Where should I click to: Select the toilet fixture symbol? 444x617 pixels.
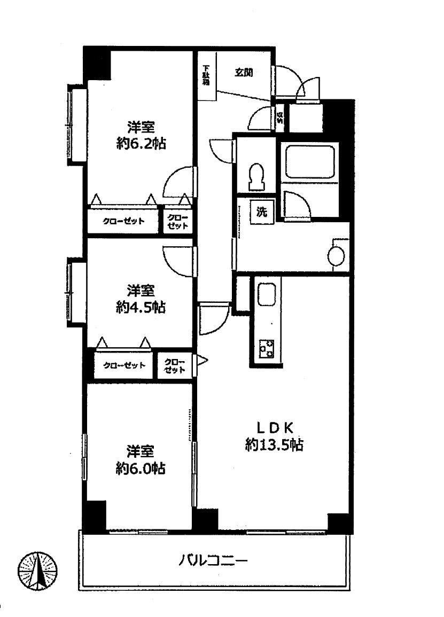click(256, 175)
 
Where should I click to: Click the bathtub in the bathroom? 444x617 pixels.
click(309, 162)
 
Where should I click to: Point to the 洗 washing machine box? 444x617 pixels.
click(262, 212)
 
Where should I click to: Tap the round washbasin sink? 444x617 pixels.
click(336, 255)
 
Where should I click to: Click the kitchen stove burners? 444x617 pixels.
click(266, 348)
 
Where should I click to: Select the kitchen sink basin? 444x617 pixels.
click(266, 295)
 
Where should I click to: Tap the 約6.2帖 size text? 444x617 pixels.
click(141, 144)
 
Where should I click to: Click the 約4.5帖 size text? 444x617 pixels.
click(141, 307)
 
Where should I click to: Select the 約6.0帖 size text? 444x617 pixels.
click(141, 469)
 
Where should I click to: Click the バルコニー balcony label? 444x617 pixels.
click(213, 561)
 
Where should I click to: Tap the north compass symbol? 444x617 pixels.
click(38, 571)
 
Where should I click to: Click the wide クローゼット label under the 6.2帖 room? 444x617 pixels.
click(123, 221)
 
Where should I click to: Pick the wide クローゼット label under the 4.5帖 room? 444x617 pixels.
click(124, 365)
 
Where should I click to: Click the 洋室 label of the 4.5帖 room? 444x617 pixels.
click(141, 290)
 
